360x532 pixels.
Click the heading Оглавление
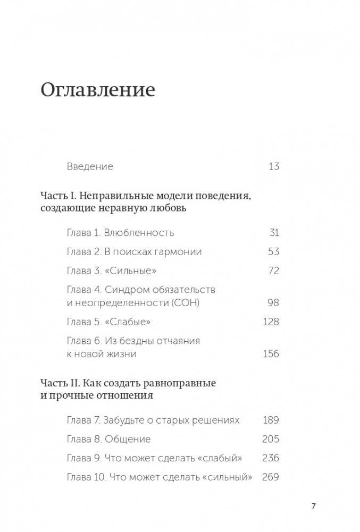[97, 89]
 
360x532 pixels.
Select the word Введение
[90, 166]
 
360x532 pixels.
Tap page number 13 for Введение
[273, 166]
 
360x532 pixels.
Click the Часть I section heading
[146, 201]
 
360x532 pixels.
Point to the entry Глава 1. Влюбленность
[120, 233]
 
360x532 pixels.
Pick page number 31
[274, 233]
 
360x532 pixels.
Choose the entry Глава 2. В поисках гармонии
[134, 251]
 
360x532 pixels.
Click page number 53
[273, 251]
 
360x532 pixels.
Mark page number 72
[273, 271]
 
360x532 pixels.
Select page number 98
[273, 303]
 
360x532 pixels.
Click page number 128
[271, 322]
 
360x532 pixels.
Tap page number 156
[271, 354]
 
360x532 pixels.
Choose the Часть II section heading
[128, 389]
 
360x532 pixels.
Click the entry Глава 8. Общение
[108, 439]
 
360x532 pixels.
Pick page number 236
[271, 458]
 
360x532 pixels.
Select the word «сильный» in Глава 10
[227, 477]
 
